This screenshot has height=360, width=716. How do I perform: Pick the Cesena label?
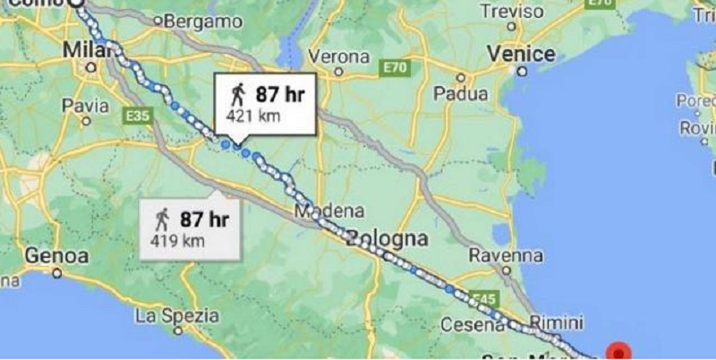pyautogui.click(x=472, y=324)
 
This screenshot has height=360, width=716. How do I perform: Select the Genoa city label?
pyautogui.click(x=55, y=255)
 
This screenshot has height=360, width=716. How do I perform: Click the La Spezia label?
pyautogui.click(x=176, y=315)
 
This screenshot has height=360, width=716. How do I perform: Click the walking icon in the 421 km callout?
pyautogui.click(x=238, y=93)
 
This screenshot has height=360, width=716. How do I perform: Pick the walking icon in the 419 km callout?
pyautogui.click(x=162, y=219)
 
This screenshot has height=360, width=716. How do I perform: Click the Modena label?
pyautogui.click(x=329, y=212)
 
